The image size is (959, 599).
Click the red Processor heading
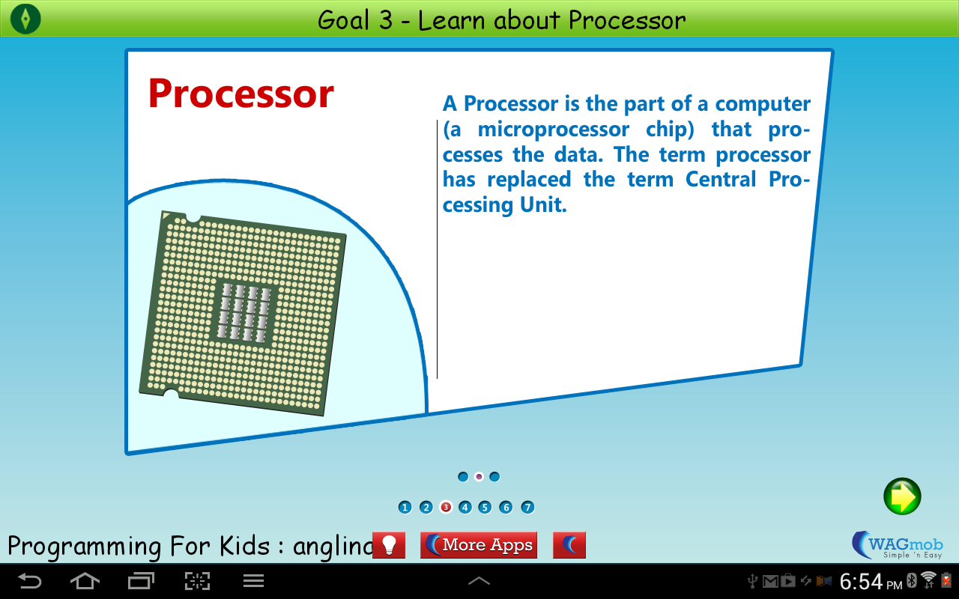click(240, 94)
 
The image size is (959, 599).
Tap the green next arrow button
click(902, 496)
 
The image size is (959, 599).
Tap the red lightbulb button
click(388, 545)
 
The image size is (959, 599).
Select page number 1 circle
click(405, 508)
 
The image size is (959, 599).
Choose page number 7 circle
click(527, 508)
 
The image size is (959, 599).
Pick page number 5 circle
click(485, 508)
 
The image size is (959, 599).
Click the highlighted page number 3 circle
click(446, 508)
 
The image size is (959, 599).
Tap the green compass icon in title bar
click(25, 19)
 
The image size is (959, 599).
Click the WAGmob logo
click(897, 545)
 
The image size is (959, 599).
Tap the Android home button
click(85, 580)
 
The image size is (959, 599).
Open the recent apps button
click(141, 580)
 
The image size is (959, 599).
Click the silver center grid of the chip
click(244, 312)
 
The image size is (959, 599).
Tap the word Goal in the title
click(345, 19)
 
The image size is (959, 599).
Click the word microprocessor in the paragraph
click(554, 130)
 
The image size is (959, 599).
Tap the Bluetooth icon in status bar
click(912, 580)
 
